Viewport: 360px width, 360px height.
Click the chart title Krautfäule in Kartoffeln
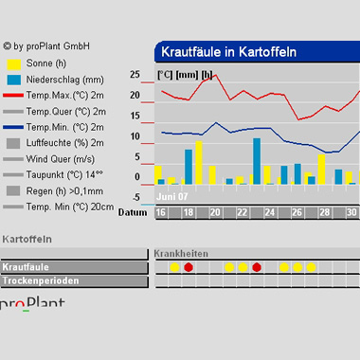[228, 52]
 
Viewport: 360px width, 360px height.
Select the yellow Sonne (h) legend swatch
[14, 64]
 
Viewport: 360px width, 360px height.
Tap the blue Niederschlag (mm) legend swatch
[14, 80]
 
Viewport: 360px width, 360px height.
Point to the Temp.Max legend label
[64, 96]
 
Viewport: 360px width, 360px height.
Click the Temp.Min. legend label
[64, 127]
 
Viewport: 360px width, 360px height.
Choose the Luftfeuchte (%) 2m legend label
[64, 143]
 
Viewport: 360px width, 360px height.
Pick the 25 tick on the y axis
[135, 75]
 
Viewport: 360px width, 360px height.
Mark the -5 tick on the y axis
[136, 197]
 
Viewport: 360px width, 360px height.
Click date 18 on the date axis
[189, 212]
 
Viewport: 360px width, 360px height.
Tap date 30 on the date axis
[351, 212]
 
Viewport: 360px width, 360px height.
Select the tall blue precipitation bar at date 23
[257, 161]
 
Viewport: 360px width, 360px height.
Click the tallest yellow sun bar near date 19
[199, 163]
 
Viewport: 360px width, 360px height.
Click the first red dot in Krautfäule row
[189, 267]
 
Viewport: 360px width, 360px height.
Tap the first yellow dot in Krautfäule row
[174, 267]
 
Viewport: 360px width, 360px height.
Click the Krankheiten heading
[181, 254]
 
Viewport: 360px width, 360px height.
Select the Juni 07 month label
[172, 197]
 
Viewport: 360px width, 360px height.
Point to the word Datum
[133, 212]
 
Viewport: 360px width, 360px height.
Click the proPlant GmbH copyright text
[46, 46]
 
